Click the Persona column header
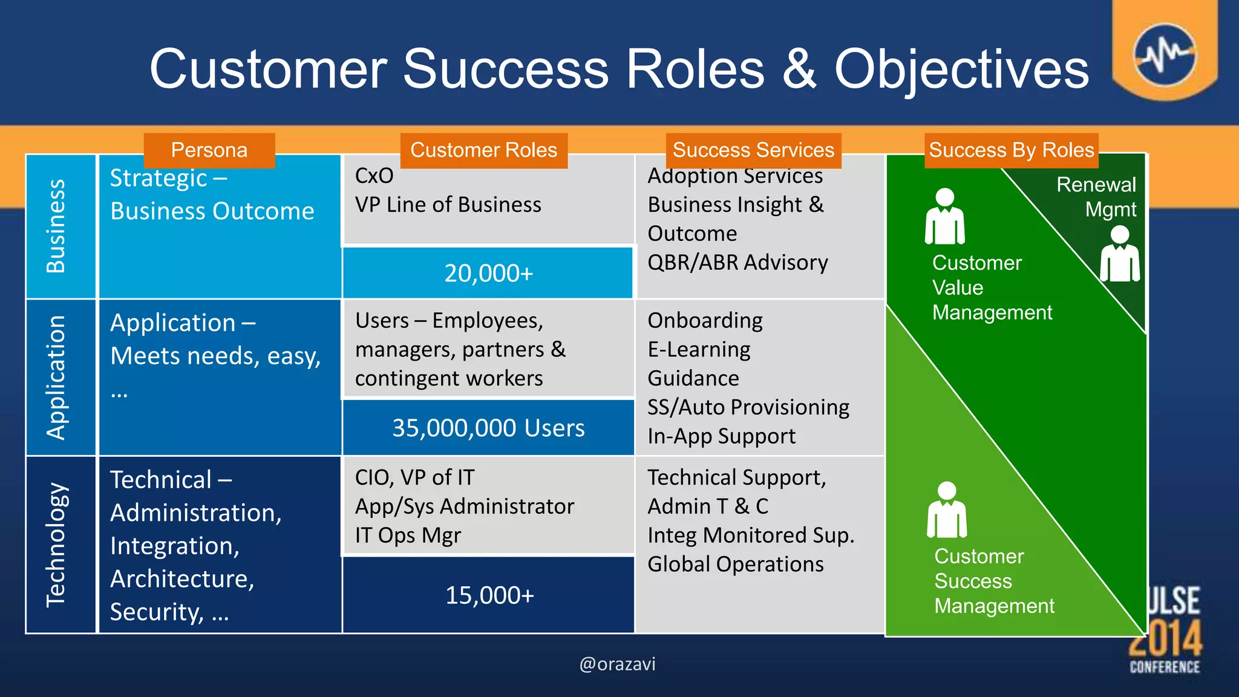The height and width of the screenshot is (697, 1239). tap(209, 150)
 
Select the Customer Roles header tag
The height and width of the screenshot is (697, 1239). tap(483, 150)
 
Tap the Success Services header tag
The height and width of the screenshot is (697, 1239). tap(753, 150)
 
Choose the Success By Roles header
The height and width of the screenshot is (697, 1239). tap(1011, 150)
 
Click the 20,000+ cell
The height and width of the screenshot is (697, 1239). tap(488, 273)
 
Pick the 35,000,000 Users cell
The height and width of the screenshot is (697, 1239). tap(488, 428)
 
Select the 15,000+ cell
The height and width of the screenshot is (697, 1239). tap(489, 595)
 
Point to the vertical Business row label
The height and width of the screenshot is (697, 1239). tap(56, 226)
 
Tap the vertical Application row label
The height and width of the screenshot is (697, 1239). tap(56, 377)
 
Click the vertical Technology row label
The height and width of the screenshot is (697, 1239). tap(56, 545)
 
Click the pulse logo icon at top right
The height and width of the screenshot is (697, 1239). tap(1165, 54)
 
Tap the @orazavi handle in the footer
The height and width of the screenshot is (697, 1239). tap(617, 664)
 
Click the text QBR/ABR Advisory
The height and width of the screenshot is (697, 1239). tap(737, 263)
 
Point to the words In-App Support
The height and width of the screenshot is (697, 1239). tap(721, 436)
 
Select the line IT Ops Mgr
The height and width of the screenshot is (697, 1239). tap(408, 535)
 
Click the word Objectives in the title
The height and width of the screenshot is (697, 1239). tap(961, 70)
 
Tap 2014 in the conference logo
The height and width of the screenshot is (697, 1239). tap(1165, 639)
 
